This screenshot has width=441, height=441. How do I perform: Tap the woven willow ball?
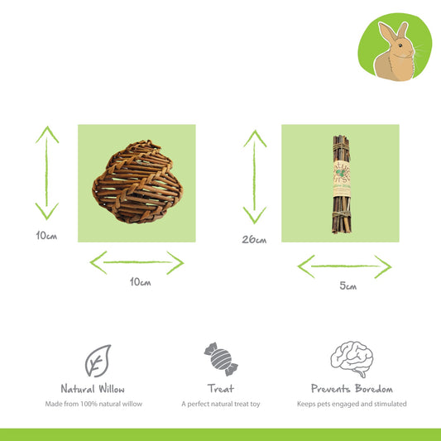[x=137, y=182]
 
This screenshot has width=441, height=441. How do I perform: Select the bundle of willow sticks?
[x=342, y=185]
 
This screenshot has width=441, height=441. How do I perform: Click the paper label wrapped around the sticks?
[x=342, y=180]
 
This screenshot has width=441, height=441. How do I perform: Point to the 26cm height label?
[x=254, y=239]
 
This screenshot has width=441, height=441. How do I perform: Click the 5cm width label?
[x=348, y=285]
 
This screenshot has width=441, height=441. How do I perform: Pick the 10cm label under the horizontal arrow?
[x=140, y=281]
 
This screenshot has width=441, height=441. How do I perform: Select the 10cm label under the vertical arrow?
[x=46, y=235]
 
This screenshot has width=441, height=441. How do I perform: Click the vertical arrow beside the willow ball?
[x=46, y=173]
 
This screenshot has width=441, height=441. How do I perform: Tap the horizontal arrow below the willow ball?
[x=137, y=262]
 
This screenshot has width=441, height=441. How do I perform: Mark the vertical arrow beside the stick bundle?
[x=255, y=176]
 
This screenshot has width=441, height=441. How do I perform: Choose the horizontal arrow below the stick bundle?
[x=344, y=266]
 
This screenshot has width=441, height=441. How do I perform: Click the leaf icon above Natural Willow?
[x=98, y=361]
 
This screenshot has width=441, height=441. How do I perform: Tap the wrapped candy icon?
[x=221, y=359]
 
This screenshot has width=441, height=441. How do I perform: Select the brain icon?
[x=352, y=359]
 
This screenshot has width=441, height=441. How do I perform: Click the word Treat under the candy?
[x=221, y=389]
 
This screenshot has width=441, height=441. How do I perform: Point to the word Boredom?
[x=374, y=389]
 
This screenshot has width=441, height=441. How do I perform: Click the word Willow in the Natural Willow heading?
[x=112, y=389]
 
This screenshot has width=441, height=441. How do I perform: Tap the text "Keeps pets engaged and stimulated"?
[x=352, y=404]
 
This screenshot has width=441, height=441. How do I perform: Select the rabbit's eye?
[x=400, y=46]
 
